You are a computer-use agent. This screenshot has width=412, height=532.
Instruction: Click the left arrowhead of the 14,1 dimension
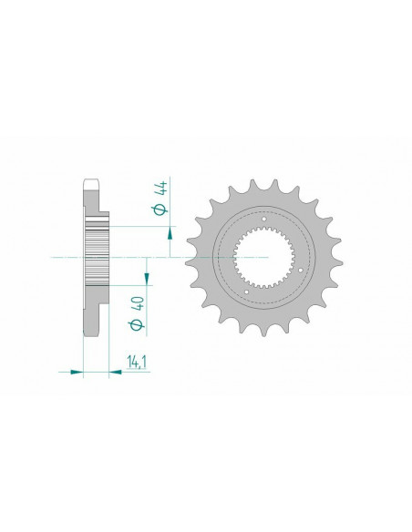pyautogui.click(x=77, y=371)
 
